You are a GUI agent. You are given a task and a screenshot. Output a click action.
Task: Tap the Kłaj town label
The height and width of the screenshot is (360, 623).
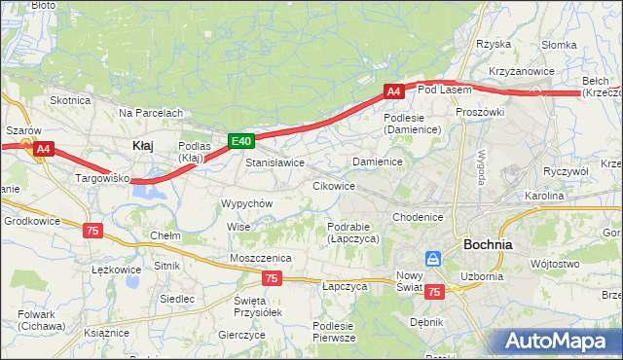click(142, 145)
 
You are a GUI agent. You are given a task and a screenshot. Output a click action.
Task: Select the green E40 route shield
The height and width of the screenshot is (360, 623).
click(241, 141)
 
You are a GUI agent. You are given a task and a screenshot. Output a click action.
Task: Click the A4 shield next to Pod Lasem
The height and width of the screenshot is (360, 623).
click(393, 91)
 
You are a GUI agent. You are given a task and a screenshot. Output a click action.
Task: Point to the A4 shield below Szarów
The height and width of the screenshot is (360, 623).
click(43, 149)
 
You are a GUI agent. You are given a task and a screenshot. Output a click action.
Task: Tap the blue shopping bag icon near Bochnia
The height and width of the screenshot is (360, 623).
click(433, 259)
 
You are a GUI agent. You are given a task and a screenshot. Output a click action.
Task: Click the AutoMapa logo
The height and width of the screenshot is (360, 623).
click(560, 341)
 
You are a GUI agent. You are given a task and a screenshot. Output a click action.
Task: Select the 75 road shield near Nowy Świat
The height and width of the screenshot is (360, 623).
click(434, 292)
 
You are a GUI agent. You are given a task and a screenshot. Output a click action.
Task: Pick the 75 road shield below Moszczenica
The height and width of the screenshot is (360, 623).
click(272, 278)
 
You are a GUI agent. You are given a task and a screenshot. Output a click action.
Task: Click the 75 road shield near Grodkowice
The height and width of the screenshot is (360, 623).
click(92, 230)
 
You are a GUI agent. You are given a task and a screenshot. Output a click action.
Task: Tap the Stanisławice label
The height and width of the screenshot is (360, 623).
click(275, 162)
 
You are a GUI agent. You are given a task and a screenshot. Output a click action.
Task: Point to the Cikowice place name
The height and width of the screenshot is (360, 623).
click(333, 185)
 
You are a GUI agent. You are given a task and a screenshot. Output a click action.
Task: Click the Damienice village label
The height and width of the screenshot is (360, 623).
click(378, 161)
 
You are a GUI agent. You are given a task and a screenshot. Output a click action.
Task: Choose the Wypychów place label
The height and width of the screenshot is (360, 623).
click(246, 203)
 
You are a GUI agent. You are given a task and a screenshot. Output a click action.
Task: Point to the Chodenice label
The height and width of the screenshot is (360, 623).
click(419, 217)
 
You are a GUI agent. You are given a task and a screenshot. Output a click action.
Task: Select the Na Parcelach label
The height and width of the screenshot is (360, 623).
click(151, 113)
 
